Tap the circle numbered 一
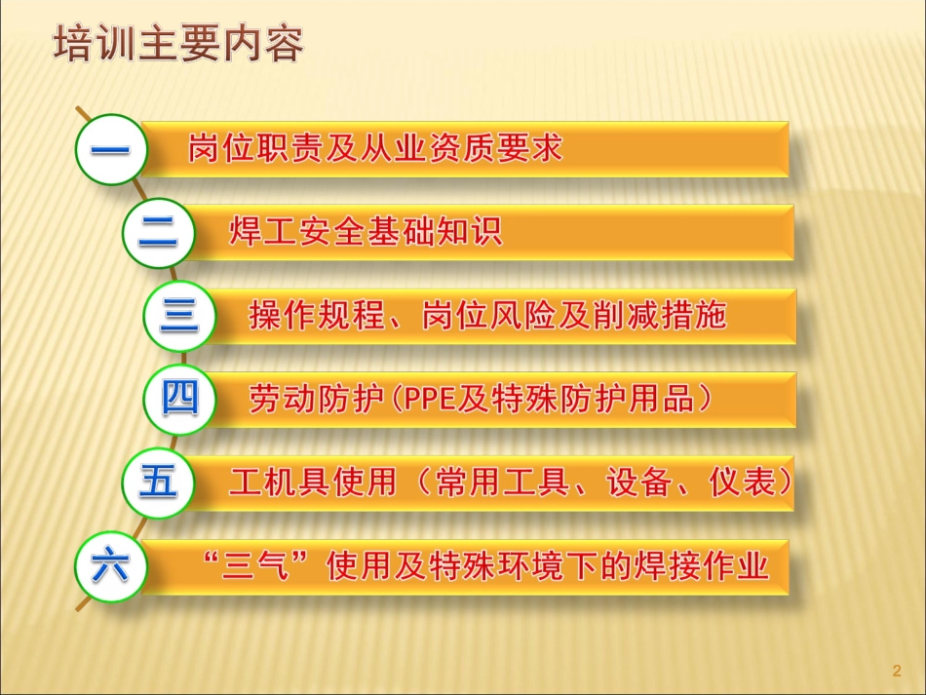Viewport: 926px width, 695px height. click(111, 149)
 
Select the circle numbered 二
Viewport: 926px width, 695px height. click(158, 232)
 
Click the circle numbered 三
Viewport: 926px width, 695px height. click(178, 316)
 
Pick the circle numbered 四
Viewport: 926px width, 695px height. click(179, 399)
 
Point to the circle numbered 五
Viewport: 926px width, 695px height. click(158, 483)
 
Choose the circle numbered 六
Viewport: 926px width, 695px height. click(110, 566)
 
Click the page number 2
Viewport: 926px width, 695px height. click(896, 671)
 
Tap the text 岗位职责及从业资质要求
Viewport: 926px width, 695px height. click(376, 149)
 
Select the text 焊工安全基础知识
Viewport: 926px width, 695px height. click(366, 232)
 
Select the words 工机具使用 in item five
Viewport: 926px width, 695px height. click(312, 483)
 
